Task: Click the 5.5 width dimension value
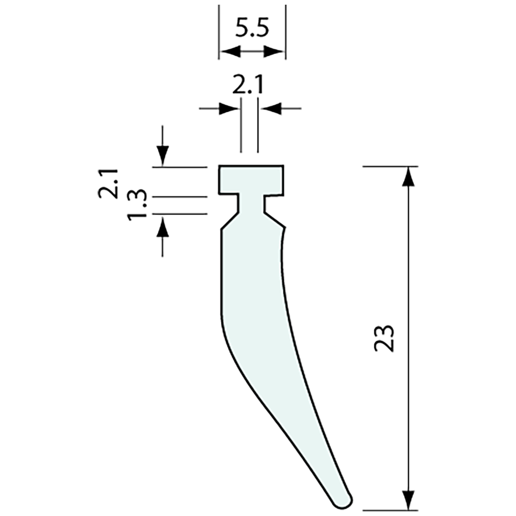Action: point(252,29)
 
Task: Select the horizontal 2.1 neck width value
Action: point(249,86)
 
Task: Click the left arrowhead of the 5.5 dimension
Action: point(229,52)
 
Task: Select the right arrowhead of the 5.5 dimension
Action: point(275,52)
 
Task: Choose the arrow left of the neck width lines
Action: point(228,109)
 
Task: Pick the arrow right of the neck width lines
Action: point(270,109)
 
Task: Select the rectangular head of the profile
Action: point(252,179)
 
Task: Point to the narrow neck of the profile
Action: point(252,203)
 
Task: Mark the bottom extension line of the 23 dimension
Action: point(389,509)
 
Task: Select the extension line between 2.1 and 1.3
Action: point(181,197)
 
